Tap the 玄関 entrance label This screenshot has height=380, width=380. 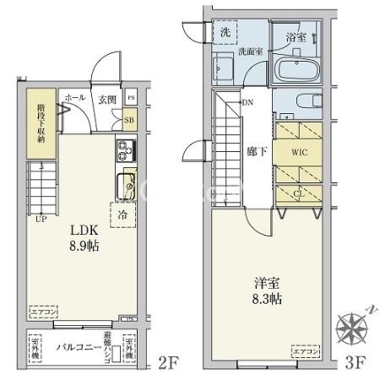point(106,100)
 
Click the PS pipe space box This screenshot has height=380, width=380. point(130,99)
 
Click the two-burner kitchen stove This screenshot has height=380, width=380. point(124,152)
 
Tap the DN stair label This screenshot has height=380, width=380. point(247,103)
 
